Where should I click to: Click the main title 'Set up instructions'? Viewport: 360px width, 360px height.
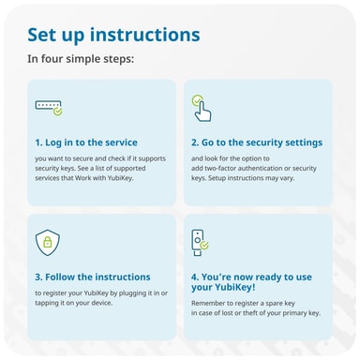click(x=113, y=35)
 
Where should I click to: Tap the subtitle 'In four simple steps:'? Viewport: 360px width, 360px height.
click(x=81, y=59)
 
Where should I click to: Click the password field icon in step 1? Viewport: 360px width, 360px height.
click(x=49, y=108)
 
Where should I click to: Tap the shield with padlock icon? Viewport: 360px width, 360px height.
click(x=48, y=243)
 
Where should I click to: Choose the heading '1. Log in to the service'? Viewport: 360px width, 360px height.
click(x=86, y=142)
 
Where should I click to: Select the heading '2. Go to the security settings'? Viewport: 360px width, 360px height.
click(x=257, y=142)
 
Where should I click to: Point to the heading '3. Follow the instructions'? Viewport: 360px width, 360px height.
click(x=93, y=277)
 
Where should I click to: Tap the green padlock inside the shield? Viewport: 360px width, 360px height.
click(x=48, y=242)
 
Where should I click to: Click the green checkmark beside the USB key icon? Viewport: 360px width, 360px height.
click(x=204, y=246)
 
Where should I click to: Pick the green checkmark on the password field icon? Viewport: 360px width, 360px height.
click(x=58, y=112)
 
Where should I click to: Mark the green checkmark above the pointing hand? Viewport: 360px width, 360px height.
click(x=197, y=100)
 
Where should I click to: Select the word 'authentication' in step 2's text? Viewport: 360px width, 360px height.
click(x=258, y=169)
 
